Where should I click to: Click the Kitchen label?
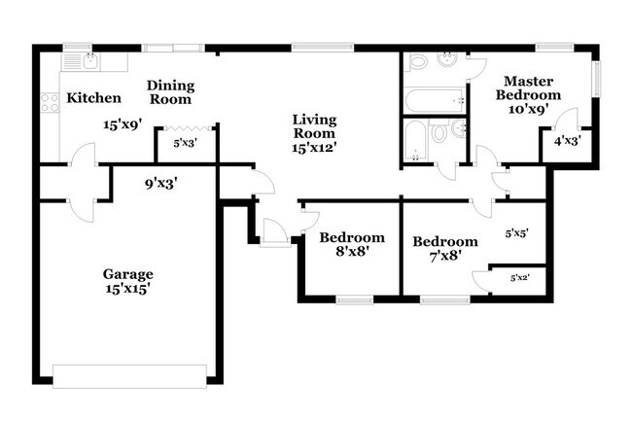(93, 98)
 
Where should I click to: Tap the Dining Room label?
(170, 92)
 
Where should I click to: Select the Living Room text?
(315, 126)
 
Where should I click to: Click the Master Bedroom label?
(528, 88)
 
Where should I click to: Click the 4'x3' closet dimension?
(568, 142)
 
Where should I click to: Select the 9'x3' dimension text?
(160, 180)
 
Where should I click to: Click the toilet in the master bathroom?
(418, 61)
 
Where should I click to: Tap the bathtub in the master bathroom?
(434, 99)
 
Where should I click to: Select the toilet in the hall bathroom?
(439, 132)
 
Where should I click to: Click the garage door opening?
(129, 375)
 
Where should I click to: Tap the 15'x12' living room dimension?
(315, 148)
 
